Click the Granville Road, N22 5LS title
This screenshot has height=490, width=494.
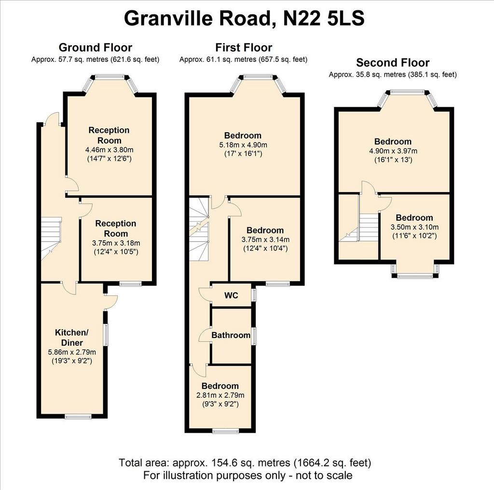(x=244, y=18)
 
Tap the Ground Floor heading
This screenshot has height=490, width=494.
(x=96, y=47)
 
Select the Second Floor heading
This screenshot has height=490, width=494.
(x=393, y=62)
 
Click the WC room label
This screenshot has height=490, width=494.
(x=231, y=295)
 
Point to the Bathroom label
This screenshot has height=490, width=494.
(x=231, y=335)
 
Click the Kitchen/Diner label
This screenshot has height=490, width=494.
(x=72, y=337)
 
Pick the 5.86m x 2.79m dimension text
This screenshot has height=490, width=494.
(x=72, y=352)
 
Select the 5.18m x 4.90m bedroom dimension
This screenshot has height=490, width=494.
(x=243, y=145)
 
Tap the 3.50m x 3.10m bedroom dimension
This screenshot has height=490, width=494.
(x=414, y=227)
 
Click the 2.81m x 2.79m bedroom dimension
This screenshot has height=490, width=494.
(x=220, y=395)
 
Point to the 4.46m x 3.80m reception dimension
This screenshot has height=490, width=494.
(x=110, y=150)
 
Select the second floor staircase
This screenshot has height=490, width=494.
(x=359, y=227)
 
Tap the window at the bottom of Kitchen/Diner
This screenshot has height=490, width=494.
(x=79, y=417)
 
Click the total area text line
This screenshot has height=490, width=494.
(x=245, y=462)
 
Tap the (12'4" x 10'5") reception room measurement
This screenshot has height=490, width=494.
(x=116, y=252)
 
